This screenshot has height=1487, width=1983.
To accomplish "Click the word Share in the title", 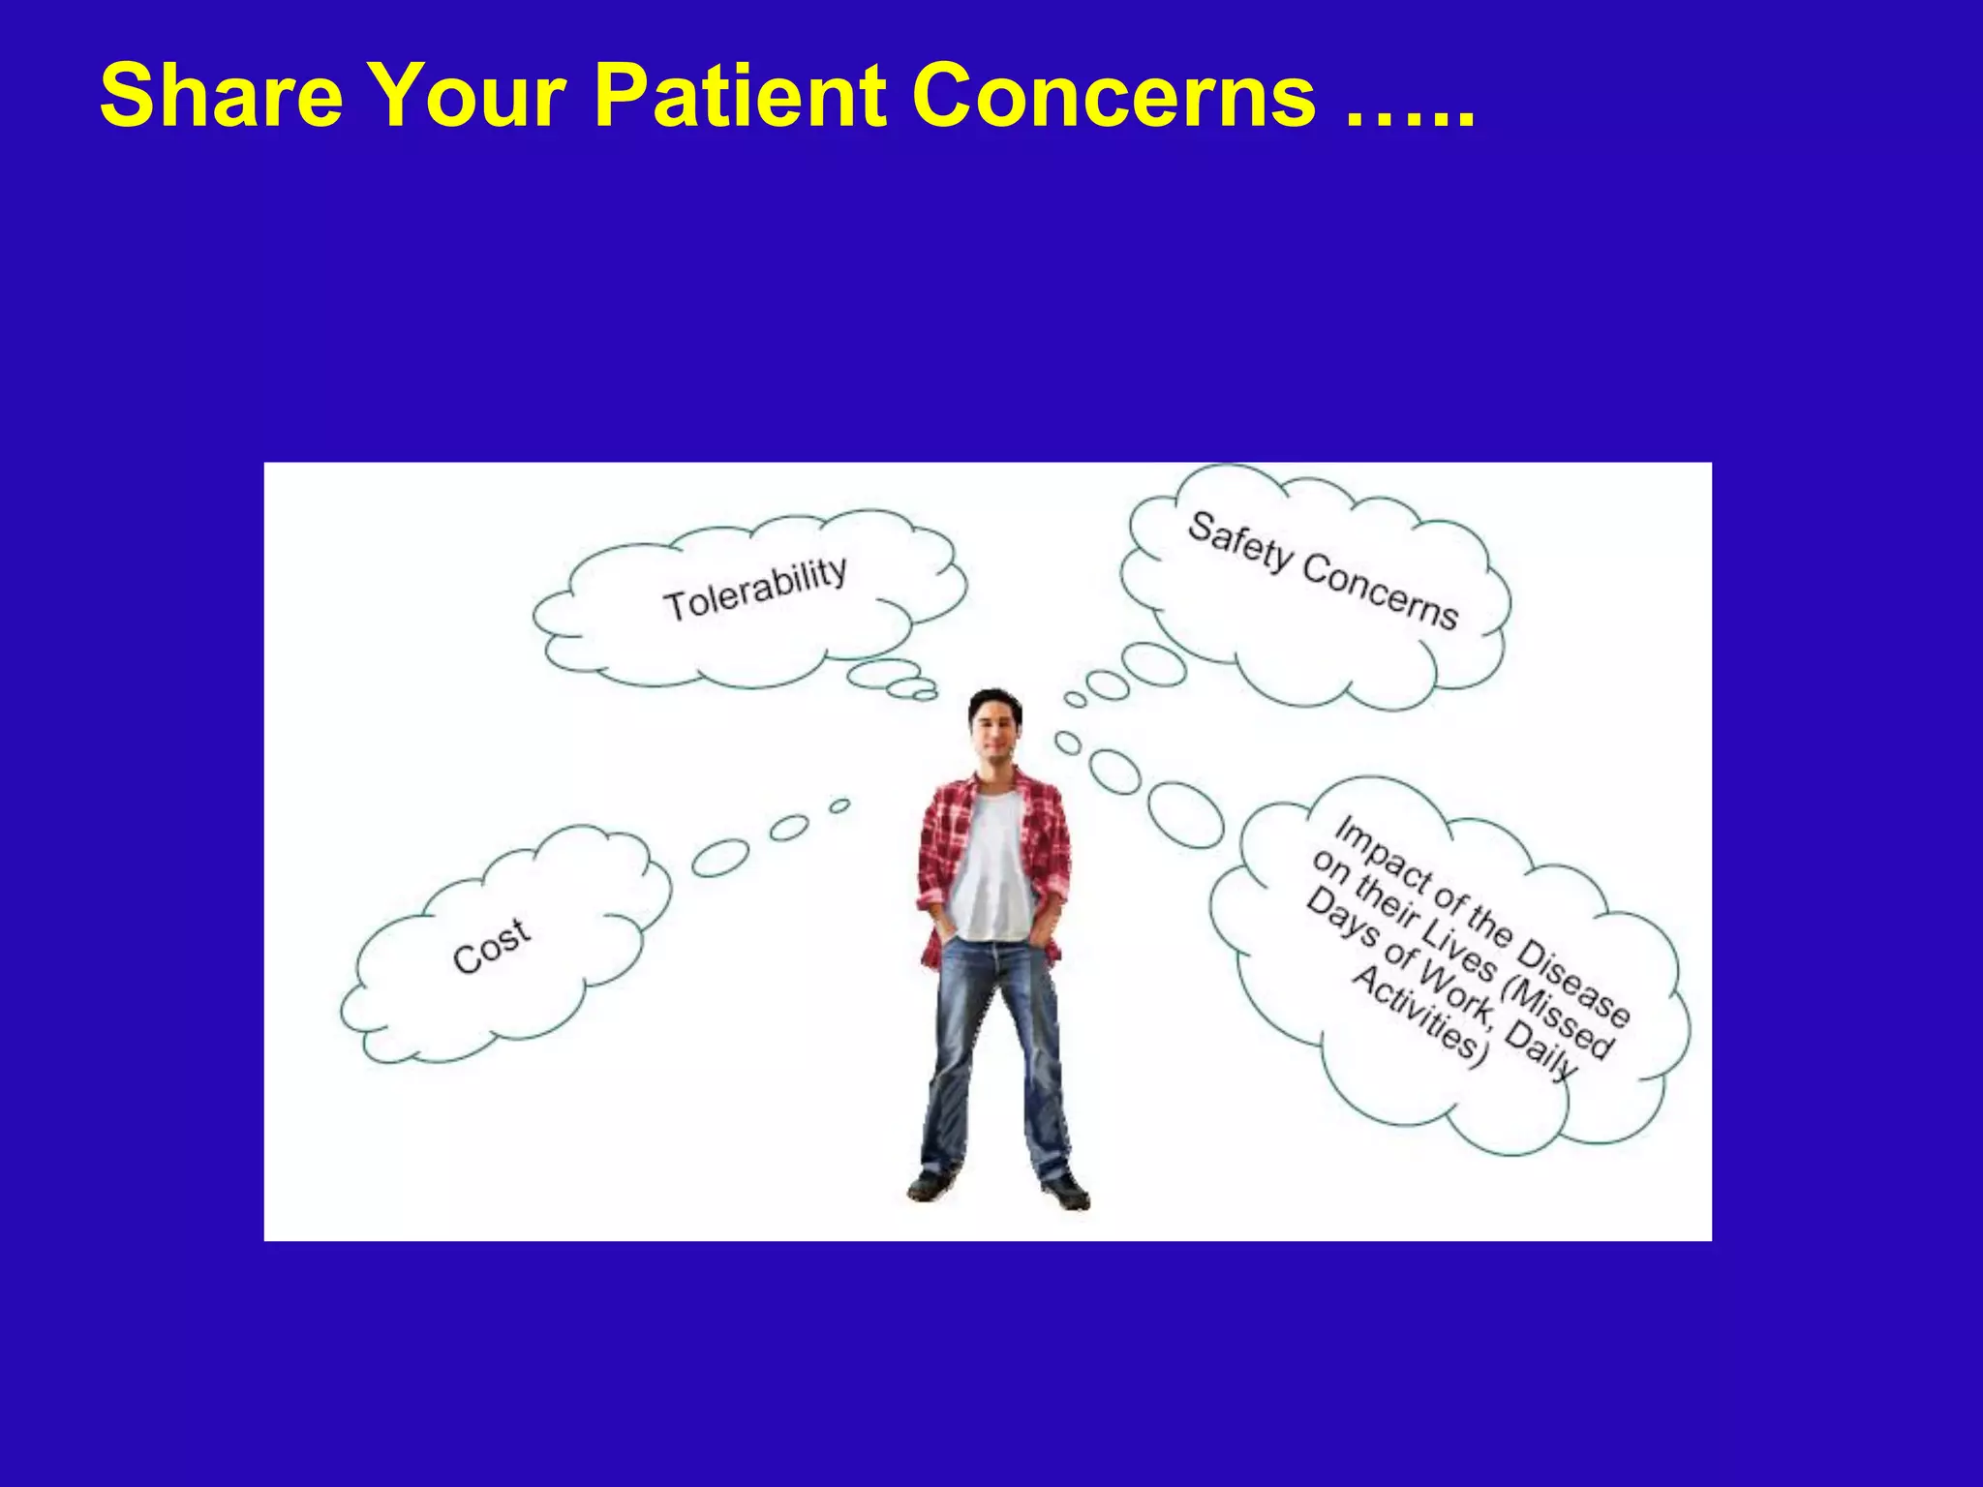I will (x=221, y=95).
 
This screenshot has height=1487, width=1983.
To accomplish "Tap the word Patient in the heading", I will (x=739, y=95).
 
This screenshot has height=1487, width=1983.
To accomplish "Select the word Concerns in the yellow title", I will (x=1114, y=95).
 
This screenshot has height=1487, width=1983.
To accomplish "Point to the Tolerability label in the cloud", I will (x=754, y=589).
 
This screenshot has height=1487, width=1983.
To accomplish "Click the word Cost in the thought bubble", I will (x=491, y=945).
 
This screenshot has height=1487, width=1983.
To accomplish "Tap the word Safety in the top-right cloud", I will (x=1239, y=543).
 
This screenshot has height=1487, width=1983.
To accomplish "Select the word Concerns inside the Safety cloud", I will (x=1380, y=593).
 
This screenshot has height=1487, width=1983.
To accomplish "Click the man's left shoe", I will (x=1065, y=1191).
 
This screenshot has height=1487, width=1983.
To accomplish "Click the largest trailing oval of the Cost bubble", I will (x=720, y=858).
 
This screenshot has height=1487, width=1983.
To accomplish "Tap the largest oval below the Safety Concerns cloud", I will (x=1152, y=665).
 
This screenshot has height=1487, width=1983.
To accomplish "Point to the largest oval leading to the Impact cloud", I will (x=1186, y=814).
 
